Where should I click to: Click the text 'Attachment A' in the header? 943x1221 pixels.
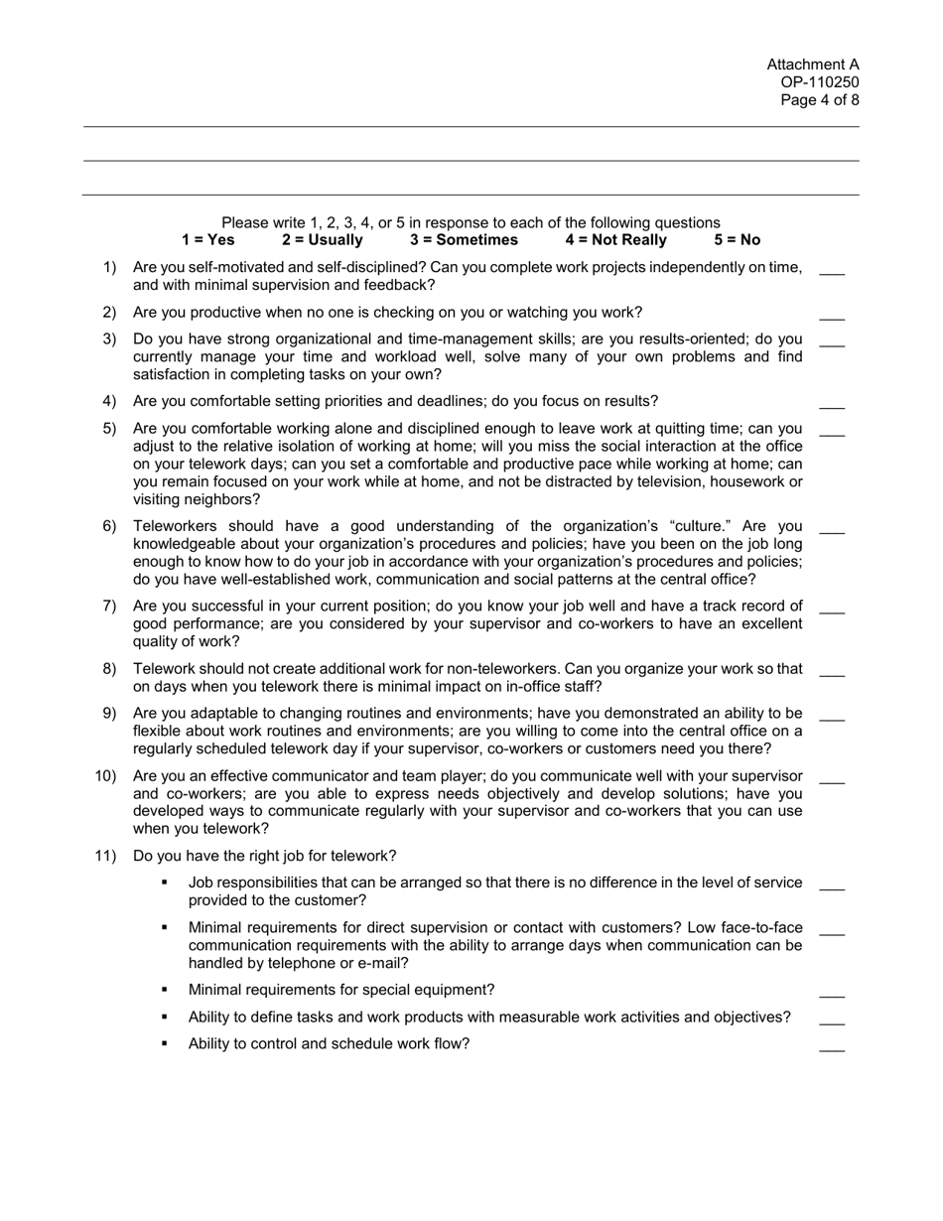812,66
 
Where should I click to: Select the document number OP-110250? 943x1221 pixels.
819,83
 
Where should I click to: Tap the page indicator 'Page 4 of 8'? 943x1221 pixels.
819,100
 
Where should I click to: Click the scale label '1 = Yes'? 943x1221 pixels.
208,240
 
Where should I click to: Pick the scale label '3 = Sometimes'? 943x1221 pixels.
464,240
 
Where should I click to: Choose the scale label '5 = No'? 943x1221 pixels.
737,240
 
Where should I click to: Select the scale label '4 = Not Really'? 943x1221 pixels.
615,240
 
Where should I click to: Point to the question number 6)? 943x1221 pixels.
109,526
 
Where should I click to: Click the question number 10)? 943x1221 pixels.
105,776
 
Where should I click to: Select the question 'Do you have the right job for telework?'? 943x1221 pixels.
264,857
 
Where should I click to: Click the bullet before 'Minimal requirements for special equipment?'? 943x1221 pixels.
164,990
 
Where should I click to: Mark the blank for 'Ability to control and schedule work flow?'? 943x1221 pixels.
832,1047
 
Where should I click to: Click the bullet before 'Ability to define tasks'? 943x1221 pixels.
164,1017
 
